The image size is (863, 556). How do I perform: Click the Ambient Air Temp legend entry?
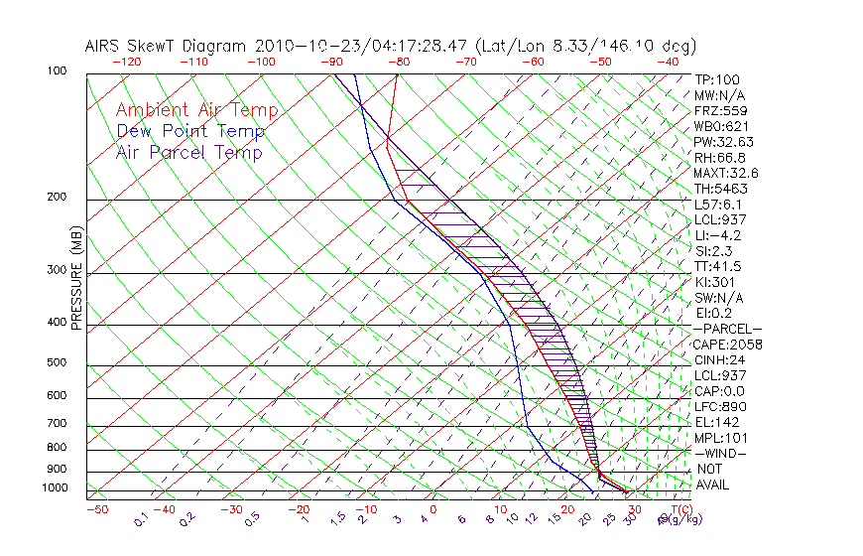(196, 110)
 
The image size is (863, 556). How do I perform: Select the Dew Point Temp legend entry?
(190, 131)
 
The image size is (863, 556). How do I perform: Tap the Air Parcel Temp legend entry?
(188, 152)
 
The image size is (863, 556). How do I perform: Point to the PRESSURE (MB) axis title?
(76, 277)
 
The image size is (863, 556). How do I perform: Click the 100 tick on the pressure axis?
(57, 72)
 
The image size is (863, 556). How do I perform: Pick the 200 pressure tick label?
(57, 198)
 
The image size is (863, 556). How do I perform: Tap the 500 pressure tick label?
(57, 363)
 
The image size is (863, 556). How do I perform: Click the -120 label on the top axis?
(126, 62)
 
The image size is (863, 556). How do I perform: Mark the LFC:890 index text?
(719, 406)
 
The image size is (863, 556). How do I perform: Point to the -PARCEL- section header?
(727, 329)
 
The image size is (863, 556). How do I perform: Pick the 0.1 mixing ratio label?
(141, 519)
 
